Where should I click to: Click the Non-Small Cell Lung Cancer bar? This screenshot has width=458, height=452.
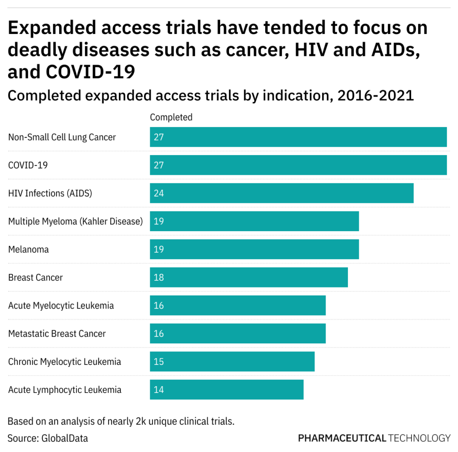click(298, 137)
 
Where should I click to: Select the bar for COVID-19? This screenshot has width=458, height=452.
click(298, 165)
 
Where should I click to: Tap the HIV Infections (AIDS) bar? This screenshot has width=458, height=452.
click(281, 193)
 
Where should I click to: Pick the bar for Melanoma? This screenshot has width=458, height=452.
click(254, 249)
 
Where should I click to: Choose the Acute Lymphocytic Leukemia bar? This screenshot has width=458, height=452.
click(226, 389)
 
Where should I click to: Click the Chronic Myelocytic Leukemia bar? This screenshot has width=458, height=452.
click(232, 361)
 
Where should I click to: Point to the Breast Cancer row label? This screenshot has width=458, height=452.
click(35, 278)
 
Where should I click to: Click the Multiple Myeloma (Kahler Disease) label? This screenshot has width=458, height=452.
click(75, 221)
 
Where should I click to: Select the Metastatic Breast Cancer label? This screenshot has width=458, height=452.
click(57, 334)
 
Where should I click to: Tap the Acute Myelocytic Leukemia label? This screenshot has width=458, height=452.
click(61, 306)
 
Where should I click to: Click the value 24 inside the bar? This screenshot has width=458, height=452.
click(159, 194)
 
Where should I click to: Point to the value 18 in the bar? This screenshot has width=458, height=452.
click(159, 278)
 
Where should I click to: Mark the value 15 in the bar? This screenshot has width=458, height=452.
click(159, 362)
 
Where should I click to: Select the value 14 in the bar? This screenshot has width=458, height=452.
click(159, 390)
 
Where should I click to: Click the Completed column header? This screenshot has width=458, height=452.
click(171, 117)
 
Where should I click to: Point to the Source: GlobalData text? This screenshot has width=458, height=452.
click(48, 438)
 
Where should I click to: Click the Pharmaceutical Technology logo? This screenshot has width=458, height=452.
click(374, 438)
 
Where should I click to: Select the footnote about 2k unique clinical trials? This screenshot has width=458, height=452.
click(121, 421)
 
